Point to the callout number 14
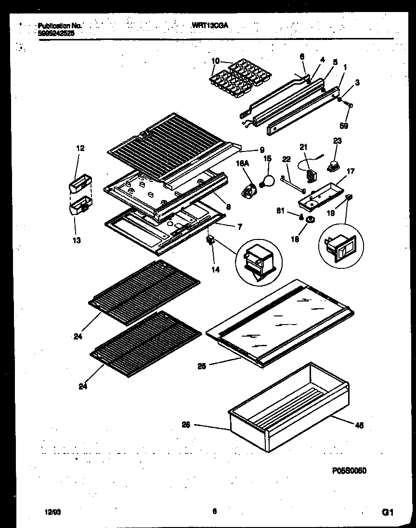215,270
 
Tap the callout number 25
202,366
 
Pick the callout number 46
359,425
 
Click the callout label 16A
242,164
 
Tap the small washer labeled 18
310,220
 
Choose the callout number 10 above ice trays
215,61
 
